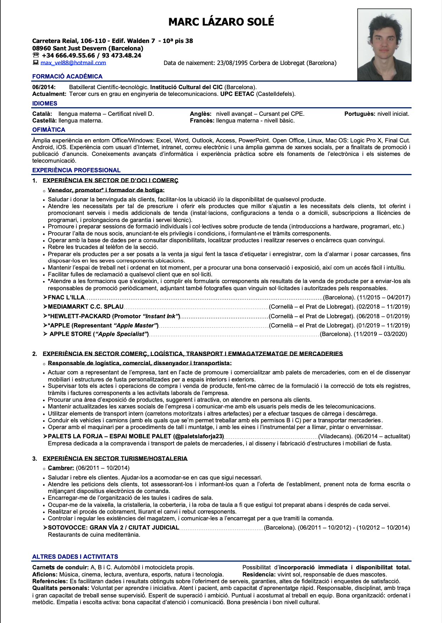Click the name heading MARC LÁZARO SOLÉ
pos(221,22)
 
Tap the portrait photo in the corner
pos(384,44)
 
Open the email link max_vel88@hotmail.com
pos(73,63)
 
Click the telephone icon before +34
pos(35,55)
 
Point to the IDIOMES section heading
pos(45,103)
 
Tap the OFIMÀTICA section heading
pos(49,130)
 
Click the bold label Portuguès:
pos(360,114)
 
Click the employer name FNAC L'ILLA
pos(66,297)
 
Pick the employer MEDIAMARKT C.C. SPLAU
pos(85,307)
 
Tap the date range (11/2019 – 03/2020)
pos(380,334)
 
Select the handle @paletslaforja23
pos(199,436)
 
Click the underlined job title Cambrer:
pos(61,468)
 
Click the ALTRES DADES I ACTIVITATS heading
pos(75,557)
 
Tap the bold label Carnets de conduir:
pos(60,567)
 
